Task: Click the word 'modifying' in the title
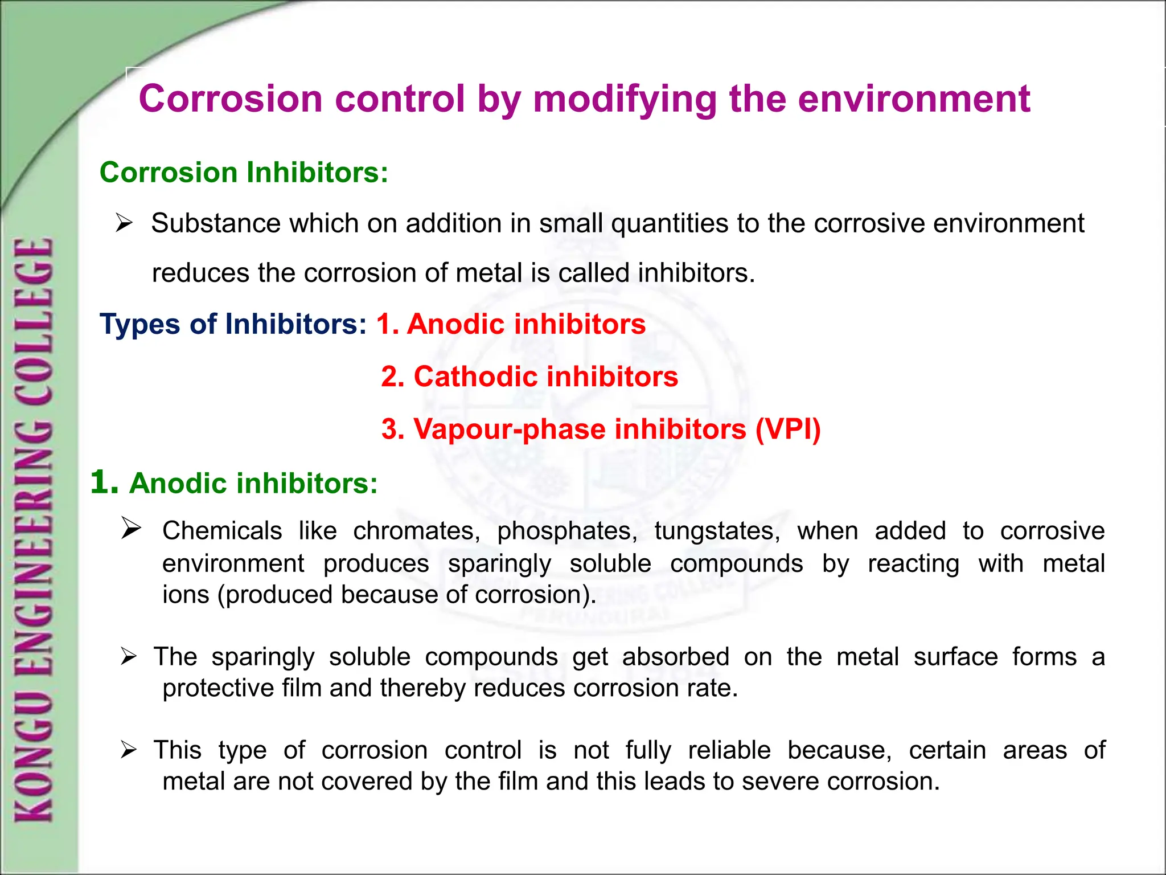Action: tap(625, 99)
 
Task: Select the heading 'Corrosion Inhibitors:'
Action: tap(244, 173)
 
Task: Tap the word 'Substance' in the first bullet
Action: tap(216, 223)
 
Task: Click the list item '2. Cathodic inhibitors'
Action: tap(529, 377)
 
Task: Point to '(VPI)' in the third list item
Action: tap(788, 429)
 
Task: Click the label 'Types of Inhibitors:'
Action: tap(233, 324)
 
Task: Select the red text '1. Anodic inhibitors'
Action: tap(511, 324)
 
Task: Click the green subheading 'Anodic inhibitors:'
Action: tap(253, 484)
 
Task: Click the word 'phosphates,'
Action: tap(567, 531)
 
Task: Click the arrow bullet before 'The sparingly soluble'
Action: tap(129, 657)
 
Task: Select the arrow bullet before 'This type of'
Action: tap(129, 750)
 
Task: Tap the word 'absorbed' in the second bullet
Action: tap(675, 657)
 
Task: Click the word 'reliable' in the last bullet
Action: tap(729, 750)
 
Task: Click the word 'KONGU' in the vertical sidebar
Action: tap(34, 763)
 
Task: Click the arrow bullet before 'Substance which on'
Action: tap(124, 223)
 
